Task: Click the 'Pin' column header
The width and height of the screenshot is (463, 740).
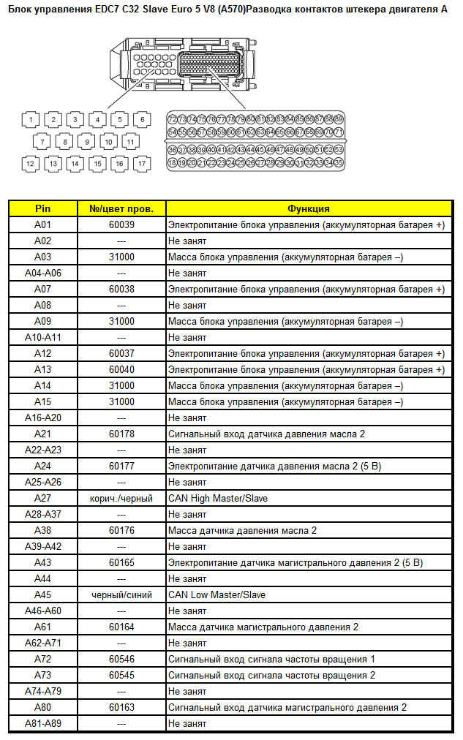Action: [x=43, y=208]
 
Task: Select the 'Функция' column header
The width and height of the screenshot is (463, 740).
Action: [x=308, y=208]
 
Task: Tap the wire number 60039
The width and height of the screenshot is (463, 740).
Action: [x=121, y=224]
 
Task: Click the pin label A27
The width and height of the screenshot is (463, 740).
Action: [x=43, y=498]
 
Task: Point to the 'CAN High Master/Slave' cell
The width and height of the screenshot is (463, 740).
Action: [x=218, y=498]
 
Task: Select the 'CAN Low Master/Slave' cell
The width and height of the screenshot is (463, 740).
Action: [x=217, y=594]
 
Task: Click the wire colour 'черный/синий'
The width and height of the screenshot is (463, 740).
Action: [x=121, y=594]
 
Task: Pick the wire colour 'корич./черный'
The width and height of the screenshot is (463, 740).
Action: [x=121, y=498]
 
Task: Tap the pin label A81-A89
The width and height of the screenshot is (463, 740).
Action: [x=43, y=723]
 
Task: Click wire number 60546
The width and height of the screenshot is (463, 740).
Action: [x=121, y=659]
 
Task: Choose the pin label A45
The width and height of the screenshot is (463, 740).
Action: [x=43, y=594]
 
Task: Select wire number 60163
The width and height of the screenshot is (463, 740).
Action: [x=121, y=707]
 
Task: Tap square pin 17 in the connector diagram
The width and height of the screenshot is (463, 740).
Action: [x=141, y=164]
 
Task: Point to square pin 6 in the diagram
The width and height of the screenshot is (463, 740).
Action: [x=143, y=119]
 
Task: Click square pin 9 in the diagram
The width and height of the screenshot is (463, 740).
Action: [x=86, y=142]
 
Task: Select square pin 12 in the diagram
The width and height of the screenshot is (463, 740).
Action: [x=31, y=164]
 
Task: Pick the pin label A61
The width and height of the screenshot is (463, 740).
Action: [x=43, y=627]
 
